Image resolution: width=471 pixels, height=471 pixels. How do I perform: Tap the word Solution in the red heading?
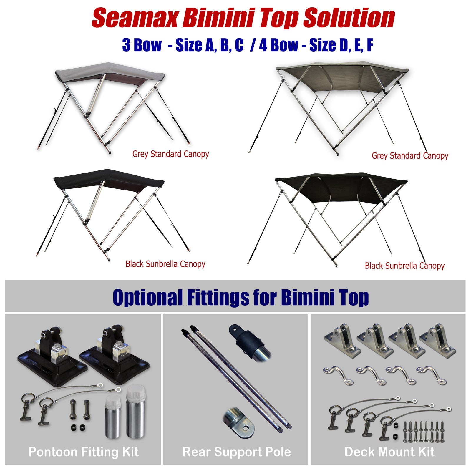click(349, 18)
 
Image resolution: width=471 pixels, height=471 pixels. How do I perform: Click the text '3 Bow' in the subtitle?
click(142, 45)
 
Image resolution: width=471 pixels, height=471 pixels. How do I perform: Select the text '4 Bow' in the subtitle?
click(278, 45)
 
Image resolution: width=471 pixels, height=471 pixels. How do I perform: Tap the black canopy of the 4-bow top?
click(341, 188)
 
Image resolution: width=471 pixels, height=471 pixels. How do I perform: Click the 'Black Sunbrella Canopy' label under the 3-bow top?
click(165, 264)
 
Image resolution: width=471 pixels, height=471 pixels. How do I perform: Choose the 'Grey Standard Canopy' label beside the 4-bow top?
click(410, 156)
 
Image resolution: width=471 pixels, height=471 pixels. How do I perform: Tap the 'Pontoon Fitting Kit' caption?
click(84, 452)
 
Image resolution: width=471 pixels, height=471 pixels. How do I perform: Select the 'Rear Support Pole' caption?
click(237, 452)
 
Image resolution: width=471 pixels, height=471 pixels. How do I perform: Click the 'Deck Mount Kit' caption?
click(389, 452)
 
